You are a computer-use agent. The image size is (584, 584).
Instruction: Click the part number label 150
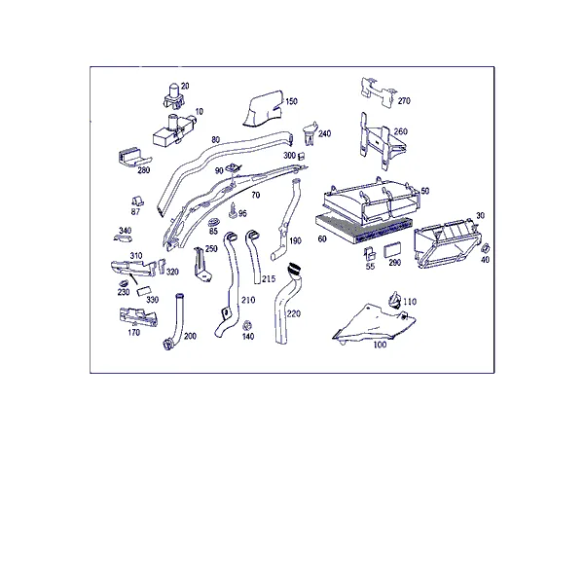tap(291, 101)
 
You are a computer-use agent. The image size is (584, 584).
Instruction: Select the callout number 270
tap(404, 101)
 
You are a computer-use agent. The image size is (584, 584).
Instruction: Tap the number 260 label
tap(401, 131)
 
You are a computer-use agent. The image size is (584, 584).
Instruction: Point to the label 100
tap(380, 345)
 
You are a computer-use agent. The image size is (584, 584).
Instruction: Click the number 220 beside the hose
tap(294, 314)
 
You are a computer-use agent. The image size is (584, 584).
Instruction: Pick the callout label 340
tap(126, 231)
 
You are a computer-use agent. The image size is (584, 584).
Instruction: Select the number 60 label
tap(322, 238)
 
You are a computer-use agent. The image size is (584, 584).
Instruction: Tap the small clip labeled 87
tap(136, 201)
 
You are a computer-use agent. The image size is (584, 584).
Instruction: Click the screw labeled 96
tap(233, 210)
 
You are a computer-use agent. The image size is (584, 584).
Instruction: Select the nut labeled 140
tap(246, 325)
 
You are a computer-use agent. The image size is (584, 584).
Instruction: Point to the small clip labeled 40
tap(486, 248)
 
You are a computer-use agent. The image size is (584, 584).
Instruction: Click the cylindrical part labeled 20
tap(173, 96)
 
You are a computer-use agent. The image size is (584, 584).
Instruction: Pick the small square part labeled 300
tap(302, 156)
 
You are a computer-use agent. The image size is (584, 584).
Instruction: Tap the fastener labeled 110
tap(394, 300)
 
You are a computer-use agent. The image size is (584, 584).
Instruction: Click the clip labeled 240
tap(310, 133)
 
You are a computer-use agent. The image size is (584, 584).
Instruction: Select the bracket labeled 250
tap(202, 265)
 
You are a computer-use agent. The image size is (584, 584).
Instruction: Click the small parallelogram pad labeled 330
tap(143, 292)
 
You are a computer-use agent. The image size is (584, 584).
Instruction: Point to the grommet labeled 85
tap(213, 222)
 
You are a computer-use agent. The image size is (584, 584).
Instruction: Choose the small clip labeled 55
tap(370, 254)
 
